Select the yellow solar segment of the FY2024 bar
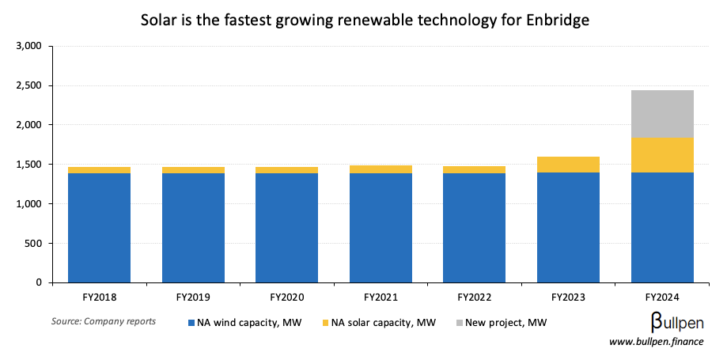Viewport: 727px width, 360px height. point(662,155)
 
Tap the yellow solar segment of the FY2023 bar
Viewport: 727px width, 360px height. point(568,165)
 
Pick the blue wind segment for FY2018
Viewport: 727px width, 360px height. point(99,228)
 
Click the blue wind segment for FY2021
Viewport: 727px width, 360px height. point(381,228)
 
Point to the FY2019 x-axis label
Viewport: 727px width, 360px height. point(193,297)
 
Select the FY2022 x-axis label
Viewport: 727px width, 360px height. point(475,297)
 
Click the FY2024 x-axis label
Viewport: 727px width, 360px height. point(662,297)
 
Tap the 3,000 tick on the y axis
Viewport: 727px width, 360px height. point(28,46)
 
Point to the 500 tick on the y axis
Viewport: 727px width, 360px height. point(32,243)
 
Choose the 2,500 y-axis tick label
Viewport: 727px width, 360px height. point(28,85)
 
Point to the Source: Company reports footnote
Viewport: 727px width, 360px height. point(104,321)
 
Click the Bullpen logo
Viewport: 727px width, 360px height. point(677,321)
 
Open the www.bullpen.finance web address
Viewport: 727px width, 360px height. point(656,342)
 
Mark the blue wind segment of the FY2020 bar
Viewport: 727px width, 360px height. point(286,228)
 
